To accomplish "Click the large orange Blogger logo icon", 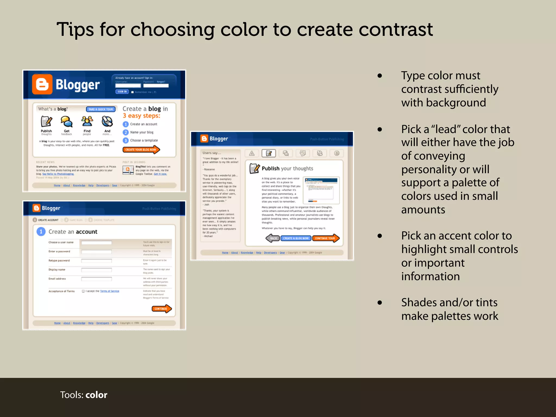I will pos(42,84).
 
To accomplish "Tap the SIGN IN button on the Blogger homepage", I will pos(122,91).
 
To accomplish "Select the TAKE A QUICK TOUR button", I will pos(101,109).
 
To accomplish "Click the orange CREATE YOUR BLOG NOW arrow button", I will pos(141,150).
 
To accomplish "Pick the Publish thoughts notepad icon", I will pos(46,121).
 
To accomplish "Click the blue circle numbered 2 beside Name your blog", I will pos(125,132).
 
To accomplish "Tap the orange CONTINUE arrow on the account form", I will pos(161,309).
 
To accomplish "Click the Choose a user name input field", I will pos(96,242).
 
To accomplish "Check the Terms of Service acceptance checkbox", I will pos(83,291).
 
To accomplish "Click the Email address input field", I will pos(96,279).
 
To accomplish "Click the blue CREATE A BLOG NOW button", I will pos(296,238).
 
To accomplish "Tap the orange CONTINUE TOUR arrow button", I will pos(326,238).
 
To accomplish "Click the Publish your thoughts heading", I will pos(287,168).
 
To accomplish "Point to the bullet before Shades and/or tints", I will pos(380,302).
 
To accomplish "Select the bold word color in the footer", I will pos(96,395).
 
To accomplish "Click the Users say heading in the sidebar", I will pos(212,153).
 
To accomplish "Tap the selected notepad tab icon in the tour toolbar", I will pos(268,153).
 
